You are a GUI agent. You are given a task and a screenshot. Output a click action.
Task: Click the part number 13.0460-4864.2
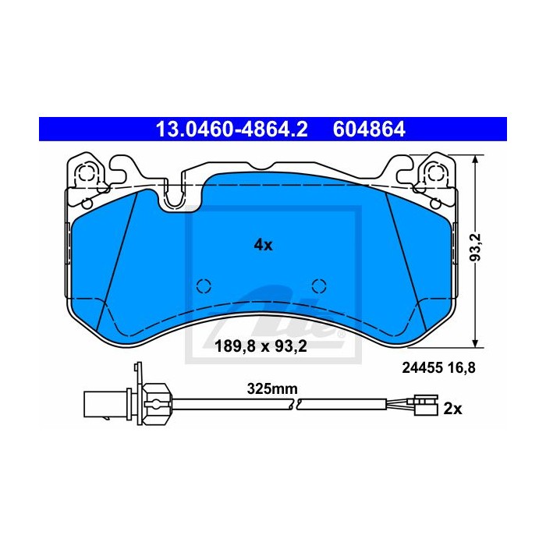click(232, 129)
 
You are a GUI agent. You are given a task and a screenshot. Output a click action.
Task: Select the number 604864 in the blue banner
click(369, 129)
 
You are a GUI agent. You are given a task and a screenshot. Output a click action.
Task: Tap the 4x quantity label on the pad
click(264, 245)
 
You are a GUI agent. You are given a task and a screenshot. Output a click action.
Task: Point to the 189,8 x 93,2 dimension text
click(261, 346)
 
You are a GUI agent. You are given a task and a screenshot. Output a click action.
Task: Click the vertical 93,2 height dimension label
click(475, 247)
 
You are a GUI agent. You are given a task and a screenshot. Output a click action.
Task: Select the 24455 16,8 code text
click(438, 367)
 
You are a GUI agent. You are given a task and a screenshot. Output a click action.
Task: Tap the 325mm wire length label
click(272, 388)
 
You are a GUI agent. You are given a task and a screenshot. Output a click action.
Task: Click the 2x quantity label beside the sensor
click(452, 409)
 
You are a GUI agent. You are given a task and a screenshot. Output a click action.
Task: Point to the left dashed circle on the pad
click(204, 286)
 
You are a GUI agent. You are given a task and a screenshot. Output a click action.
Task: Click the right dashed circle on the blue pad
click(319, 286)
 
